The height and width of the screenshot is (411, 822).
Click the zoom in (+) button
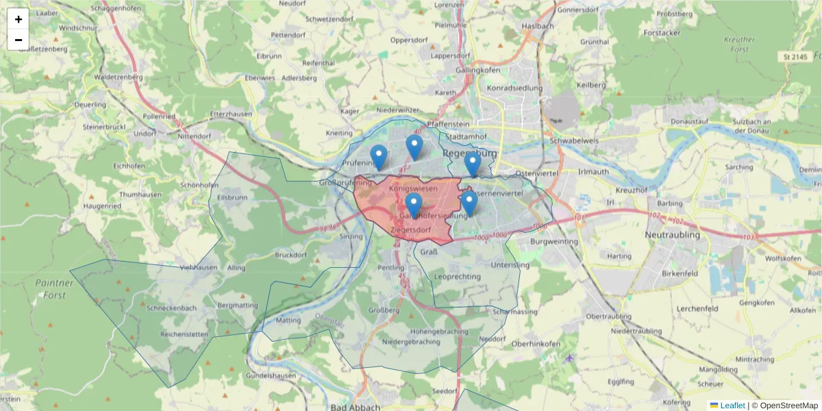(x=18, y=19)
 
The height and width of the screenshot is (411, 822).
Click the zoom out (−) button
(x=18, y=40)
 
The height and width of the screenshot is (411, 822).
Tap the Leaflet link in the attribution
(x=732, y=406)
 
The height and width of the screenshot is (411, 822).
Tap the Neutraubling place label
(x=673, y=235)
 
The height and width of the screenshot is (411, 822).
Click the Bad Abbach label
(x=355, y=407)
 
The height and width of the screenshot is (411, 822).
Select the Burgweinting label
(x=554, y=241)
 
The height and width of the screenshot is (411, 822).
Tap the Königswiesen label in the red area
(x=412, y=188)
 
